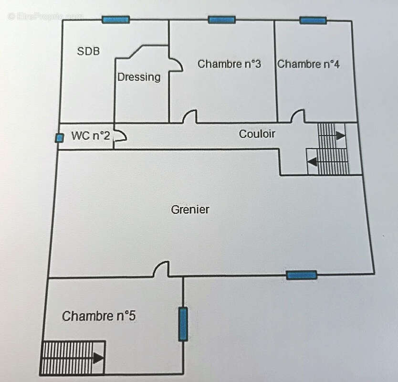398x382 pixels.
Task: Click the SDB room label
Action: [88, 52]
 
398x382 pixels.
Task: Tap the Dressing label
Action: [139, 76]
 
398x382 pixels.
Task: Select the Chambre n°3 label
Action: [229, 64]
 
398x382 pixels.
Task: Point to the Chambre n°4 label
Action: [308, 64]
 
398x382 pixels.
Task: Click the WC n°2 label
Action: [91, 136]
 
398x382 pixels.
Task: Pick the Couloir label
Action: [257, 134]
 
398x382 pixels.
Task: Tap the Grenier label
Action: [190, 209]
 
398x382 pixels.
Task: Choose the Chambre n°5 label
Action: [99, 316]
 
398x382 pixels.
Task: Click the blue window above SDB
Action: [116, 20]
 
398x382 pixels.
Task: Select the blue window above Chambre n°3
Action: [222, 20]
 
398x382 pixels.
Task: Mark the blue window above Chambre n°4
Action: [313, 20]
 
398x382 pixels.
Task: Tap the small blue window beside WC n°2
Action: [59, 138]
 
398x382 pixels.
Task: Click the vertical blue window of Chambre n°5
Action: [183, 324]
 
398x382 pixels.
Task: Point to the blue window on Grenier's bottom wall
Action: [302, 275]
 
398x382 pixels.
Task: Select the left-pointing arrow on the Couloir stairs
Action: [313, 161]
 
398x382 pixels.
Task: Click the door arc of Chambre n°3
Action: [190, 117]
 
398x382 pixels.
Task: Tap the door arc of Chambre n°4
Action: [298, 116]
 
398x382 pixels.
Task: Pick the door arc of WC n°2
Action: [121, 136]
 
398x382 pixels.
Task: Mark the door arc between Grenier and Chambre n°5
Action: [161, 269]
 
